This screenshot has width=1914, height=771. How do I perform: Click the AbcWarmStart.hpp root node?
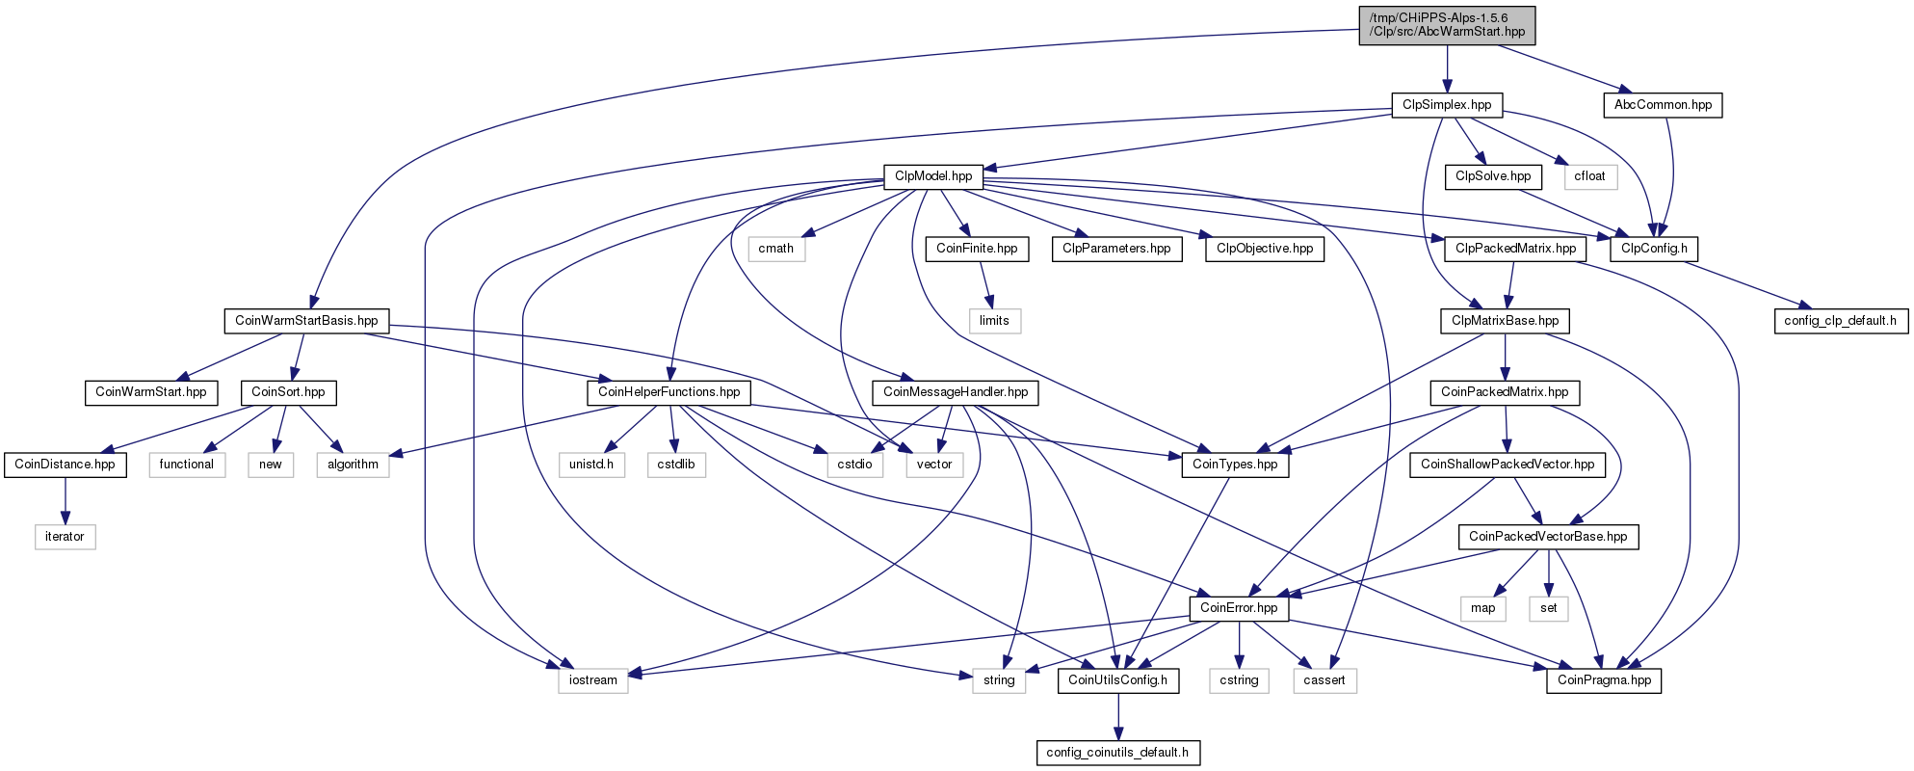1447,25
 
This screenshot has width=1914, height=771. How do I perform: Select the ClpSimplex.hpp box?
1447,105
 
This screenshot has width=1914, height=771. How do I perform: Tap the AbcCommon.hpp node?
1663,105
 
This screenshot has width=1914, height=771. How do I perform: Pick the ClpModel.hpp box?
933,176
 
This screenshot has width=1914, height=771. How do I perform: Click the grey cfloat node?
1589,176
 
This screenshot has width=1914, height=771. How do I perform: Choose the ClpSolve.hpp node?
1493,176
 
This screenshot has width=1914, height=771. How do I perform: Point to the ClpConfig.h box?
1654,249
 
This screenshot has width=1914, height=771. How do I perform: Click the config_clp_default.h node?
1840,321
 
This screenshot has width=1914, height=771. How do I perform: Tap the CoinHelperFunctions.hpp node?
669,392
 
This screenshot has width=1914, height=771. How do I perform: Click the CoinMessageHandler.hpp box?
956,392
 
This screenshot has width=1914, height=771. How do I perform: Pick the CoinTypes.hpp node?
1235,465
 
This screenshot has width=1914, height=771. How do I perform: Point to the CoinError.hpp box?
1239,608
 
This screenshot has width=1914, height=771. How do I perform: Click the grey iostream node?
592,680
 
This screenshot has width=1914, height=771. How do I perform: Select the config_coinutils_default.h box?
1117,753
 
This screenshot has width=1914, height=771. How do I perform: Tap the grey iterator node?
65,537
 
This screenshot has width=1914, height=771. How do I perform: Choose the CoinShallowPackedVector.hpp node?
1508,465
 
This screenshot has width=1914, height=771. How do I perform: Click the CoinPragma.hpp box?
1604,680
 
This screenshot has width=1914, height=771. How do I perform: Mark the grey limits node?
994,321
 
